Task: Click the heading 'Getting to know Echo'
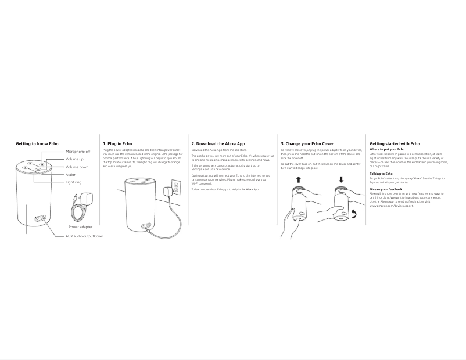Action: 37,143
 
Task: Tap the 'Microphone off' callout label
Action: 78,152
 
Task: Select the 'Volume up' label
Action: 74,159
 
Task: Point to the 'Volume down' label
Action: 77,167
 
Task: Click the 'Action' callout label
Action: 71,175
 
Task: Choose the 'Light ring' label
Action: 74,182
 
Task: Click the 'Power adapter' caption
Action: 80,227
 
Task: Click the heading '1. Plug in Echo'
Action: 117,143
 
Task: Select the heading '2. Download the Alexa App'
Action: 218,143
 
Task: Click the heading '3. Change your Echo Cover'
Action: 307,143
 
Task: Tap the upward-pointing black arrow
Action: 299,180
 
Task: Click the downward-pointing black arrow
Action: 341,180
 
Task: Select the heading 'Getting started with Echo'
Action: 395,143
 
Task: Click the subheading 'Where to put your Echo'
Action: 387,149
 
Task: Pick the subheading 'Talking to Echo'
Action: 381,174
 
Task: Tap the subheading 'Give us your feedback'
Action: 386,189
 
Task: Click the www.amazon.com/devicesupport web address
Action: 392,206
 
